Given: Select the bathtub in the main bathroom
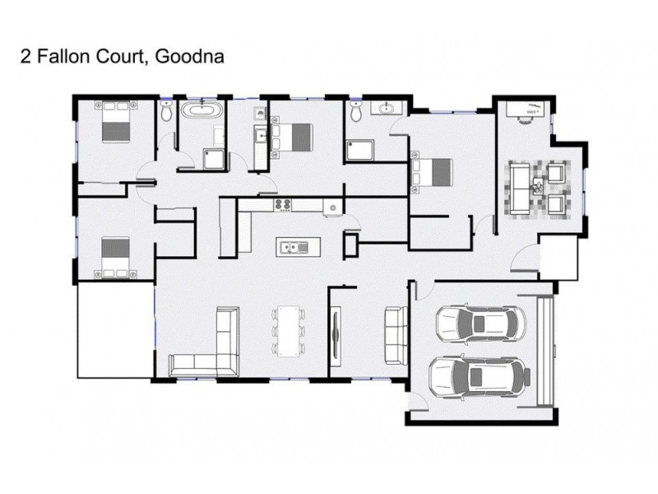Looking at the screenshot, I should pyautogui.click(x=201, y=110).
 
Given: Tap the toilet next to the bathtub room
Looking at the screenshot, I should pyautogui.click(x=167, y=114).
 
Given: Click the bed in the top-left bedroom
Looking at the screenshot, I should pyautogui.click(x=114, y=123).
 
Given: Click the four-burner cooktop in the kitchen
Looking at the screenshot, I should pyautogui.click(x=284, y=204).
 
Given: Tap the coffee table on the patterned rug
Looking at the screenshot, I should pyautogui.click(x=538, y=184).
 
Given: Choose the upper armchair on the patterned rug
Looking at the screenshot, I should pyautogui.click(x=557, y=174).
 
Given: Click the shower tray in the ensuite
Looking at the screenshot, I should pyautogui.click(x=359, y=150).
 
